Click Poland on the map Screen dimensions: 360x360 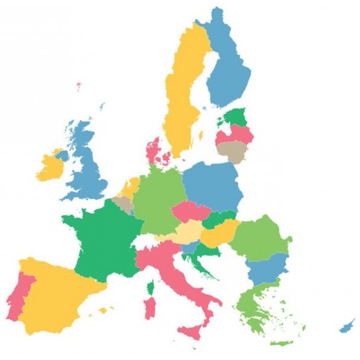pyautogui.click(x=212, y=185)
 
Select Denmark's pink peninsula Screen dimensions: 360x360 pyautogui.click(x=155, y=150)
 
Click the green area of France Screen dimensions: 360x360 pyautogui.click(x=102, y=240)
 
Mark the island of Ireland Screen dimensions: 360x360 pyautogui.click(x=51, y=164)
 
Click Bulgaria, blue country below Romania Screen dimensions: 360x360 pyautogui.click(x=265, y=269)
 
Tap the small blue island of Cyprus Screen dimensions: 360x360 pyautogui.click(x=347, y=325)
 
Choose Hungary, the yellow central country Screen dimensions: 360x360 pyautogui.click(x=219, y=233)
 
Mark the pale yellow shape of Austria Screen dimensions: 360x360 pyautogui.click(x=186, y=233)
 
